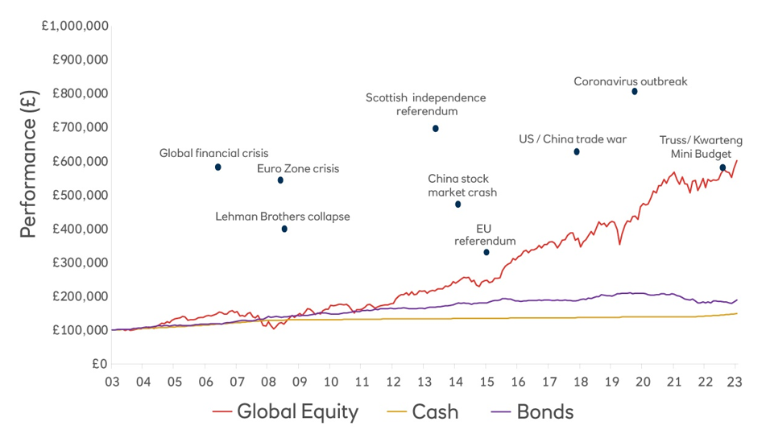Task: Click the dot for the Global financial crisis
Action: [x=217, y=167]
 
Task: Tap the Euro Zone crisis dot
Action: [x=280, y=180]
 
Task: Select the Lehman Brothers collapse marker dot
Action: [x=284, y=229]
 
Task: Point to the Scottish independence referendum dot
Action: [x=436, y=129]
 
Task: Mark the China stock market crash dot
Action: [x=458, y=205]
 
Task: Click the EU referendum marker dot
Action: [x=487, y=253]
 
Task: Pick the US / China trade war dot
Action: [x=577, y=152]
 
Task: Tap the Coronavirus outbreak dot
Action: [x=635, y=92]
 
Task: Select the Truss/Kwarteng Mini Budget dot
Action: [x=723, y=167]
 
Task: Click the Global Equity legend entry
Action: [x=286, y=412]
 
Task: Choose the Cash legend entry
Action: [x=422, y=412]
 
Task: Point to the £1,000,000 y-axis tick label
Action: [x=76, y=26]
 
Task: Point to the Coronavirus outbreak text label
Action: [x=631, y=81]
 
